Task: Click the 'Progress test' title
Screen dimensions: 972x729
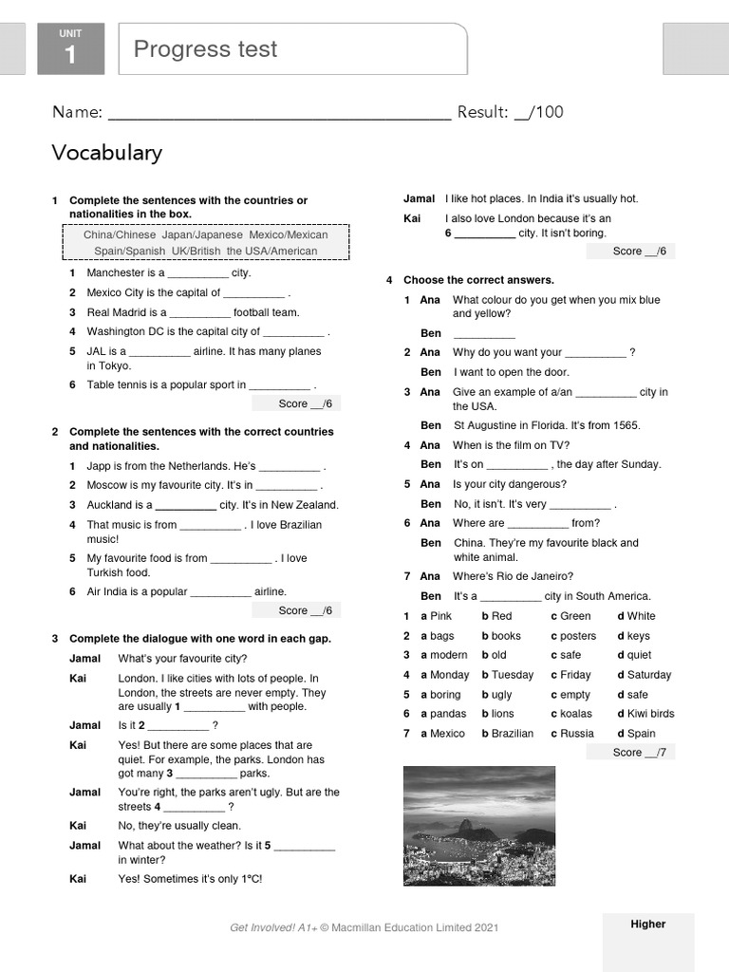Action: point(205,49)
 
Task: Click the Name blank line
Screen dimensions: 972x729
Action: point(279,114)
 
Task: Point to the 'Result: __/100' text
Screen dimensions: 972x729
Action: point(510,112)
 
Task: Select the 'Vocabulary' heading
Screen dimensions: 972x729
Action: point(106,153)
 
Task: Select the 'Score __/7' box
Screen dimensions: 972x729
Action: point(630,752)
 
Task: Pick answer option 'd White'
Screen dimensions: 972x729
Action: point(636,616)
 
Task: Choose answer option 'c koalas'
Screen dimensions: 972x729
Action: point(570,714)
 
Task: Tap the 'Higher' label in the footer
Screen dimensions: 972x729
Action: point(648,924)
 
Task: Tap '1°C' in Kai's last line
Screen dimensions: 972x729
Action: point(249,879)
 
